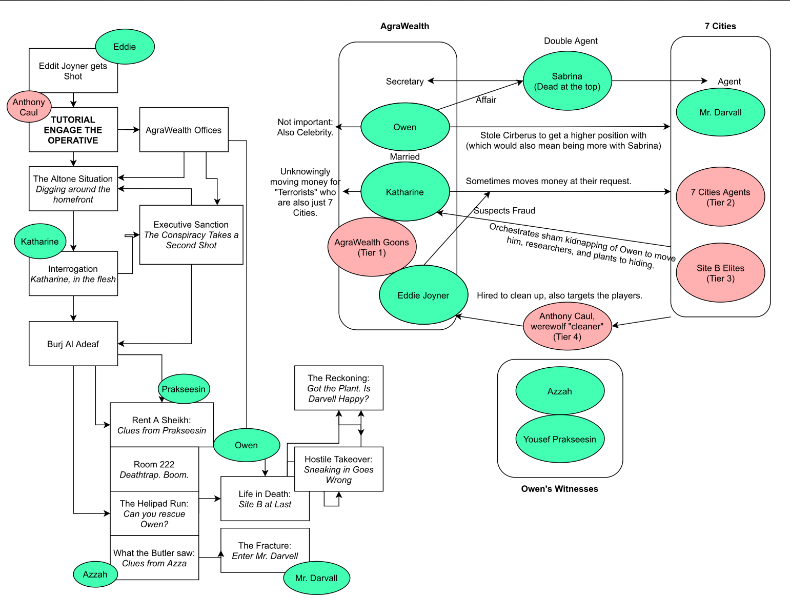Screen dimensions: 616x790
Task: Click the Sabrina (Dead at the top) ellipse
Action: click(567, 81)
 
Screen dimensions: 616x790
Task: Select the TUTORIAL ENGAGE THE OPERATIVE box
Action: click(73, 130)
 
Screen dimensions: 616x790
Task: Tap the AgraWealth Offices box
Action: click(184, 130)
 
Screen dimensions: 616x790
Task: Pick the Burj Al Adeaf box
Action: click(73, 344)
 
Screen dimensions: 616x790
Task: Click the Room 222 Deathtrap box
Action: click(154, 469)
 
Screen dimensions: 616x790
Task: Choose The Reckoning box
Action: click(338, 388)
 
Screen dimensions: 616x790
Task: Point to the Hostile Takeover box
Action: click(338, 469)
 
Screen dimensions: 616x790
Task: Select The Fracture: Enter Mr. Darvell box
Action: click(265, 550)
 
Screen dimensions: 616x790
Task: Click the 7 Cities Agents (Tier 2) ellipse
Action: click(720, 197)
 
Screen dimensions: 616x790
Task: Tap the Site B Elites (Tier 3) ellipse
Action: click(720, 273)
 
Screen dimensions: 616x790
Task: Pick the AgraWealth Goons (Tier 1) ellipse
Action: click(372, 247)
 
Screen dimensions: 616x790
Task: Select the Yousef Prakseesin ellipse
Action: click(560, 439)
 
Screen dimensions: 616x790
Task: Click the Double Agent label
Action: click(571, 41)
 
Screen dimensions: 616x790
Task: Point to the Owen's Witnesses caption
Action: click(560, 489)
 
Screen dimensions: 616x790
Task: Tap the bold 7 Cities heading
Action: click(720, 26)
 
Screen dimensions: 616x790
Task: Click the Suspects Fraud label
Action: click(504, 211)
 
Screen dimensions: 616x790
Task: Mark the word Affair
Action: click(486, 100)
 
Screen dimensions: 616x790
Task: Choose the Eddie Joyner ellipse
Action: click(423, 295)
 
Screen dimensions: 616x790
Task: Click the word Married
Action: click(405, 156)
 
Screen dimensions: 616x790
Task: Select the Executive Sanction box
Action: click(191, 235)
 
